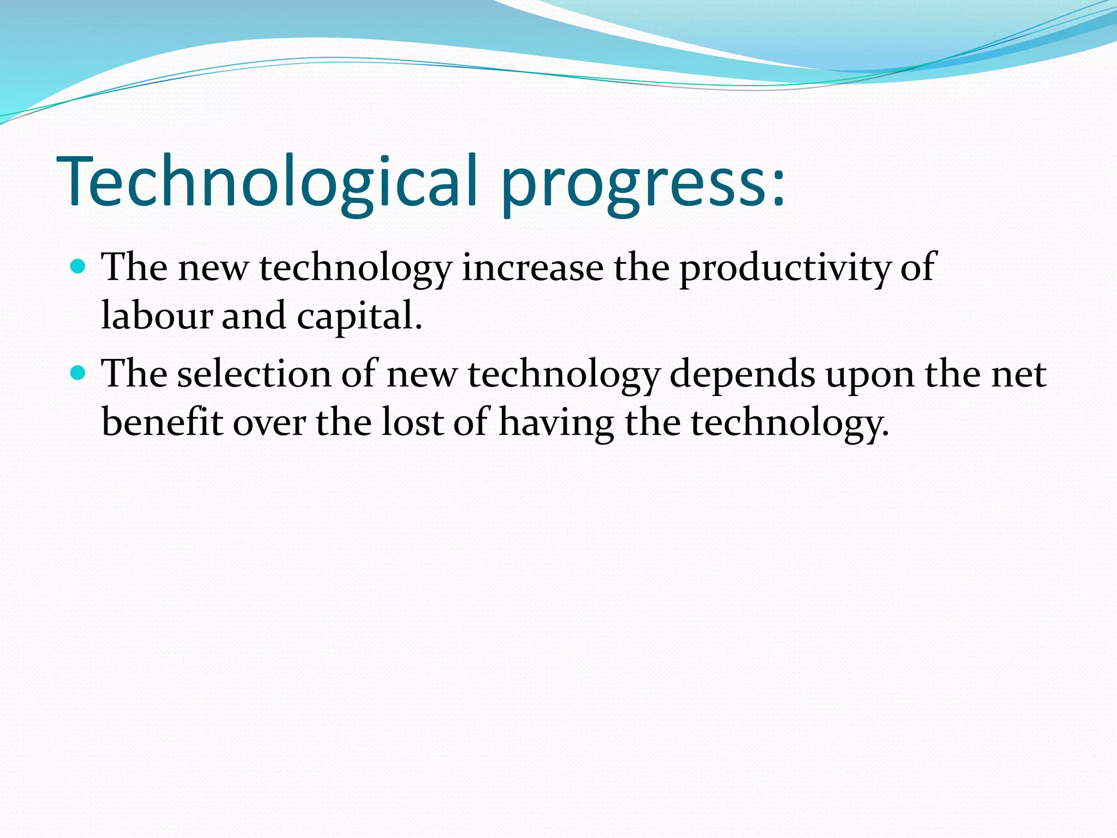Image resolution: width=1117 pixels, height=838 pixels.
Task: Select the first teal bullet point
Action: pos(79,266)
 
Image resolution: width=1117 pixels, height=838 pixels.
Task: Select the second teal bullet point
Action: pos(79,373)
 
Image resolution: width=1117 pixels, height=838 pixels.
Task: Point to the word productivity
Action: pos(784,268)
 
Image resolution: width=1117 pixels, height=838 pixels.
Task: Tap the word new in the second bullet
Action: pos(422,374)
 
